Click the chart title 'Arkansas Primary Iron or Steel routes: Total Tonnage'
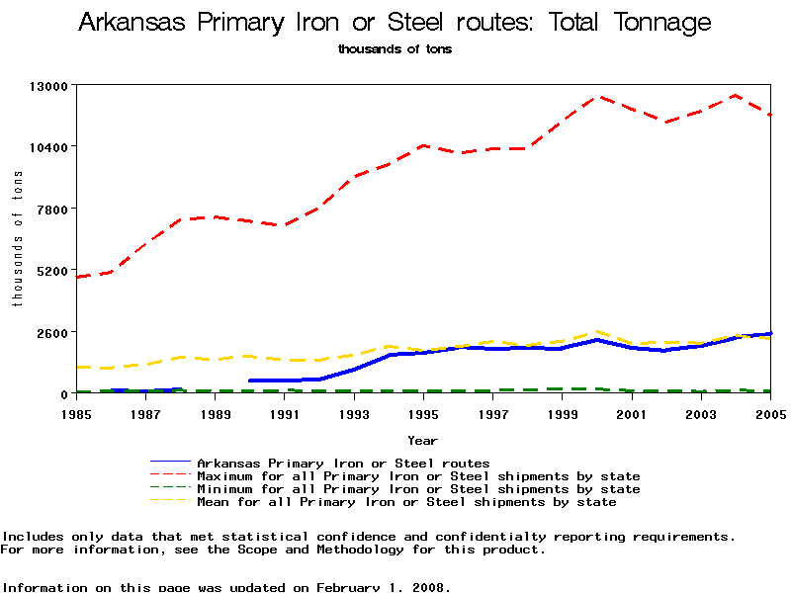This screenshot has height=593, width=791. tap(395, 23)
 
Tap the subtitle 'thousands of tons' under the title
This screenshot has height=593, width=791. tap(395, 48)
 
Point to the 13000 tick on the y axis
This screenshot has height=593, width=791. tap(45, 85)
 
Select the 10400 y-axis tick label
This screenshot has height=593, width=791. tap(45, 147)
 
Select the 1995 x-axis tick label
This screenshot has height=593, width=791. tap(423, 413)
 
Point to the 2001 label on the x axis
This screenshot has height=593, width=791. tap(632, 413)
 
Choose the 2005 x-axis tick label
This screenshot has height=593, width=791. tap(770, 413)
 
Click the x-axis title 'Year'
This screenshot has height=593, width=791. tap(423, 439)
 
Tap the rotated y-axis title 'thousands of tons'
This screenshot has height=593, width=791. tap(17, 238)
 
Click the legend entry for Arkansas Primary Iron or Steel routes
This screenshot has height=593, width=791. tap(343, 463)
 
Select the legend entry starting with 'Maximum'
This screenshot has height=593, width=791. tap(418, 476)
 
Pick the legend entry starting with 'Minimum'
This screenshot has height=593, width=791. tap(418, 489)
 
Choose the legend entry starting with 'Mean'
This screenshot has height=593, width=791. tap(406, 502)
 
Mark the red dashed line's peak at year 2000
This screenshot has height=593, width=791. tap(596, 97)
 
